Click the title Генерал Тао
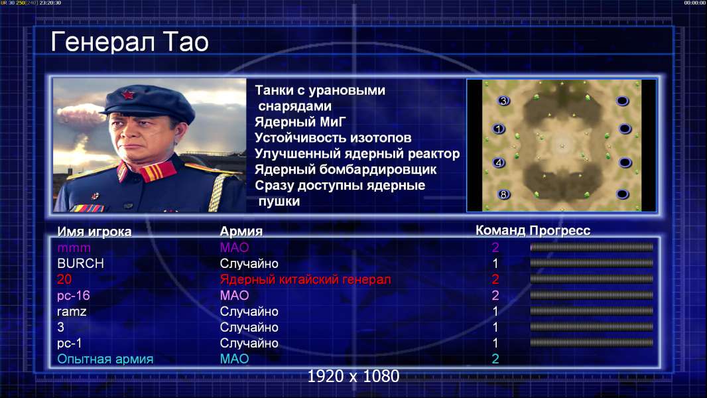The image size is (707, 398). (129, 42)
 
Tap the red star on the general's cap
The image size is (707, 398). (128, 94)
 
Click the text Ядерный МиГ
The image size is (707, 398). (300, 121)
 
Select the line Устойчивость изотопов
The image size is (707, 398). (333, 137)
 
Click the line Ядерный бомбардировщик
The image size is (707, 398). (346, 169)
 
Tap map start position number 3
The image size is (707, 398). (503, 101)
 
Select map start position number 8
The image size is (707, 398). (503, 194)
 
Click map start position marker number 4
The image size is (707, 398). (499, 163)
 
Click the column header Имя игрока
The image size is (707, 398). (94, 232)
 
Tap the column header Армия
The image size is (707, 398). (241, 232)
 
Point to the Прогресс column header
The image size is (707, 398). (560, 230)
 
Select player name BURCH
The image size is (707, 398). (81, 263)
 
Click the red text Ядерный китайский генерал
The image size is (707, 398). (305, 279)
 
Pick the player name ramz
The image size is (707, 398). (72, 312)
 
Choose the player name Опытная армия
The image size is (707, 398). (105, 360)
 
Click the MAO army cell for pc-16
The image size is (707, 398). (235, 295)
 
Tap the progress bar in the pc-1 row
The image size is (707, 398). (592, 343)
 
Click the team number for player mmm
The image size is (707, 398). (495, 247)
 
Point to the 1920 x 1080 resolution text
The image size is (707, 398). (353, 376)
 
